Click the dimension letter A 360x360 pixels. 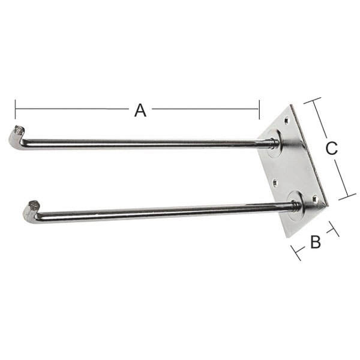pyautogui.click(x=140, y=110)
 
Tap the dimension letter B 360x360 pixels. pyautogui.click(x=315, y=242)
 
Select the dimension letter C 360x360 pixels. pyautogui.click(x=331, y=148)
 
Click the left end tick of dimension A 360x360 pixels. pyautogui.click(x=15, y=109)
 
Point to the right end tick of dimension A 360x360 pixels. pyautogui.click(x=259, y=109)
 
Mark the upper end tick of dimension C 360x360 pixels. pyautogui.click(x=312, y=101)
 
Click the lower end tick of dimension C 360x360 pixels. pyautogui.click(x=347, y=196)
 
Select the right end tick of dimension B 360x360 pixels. pyautogui.click(x=334, y=229)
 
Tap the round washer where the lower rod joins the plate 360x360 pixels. pyautogui.click(x=296, y=205)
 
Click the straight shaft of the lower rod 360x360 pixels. pyautogui.click(x=162, y=210)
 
